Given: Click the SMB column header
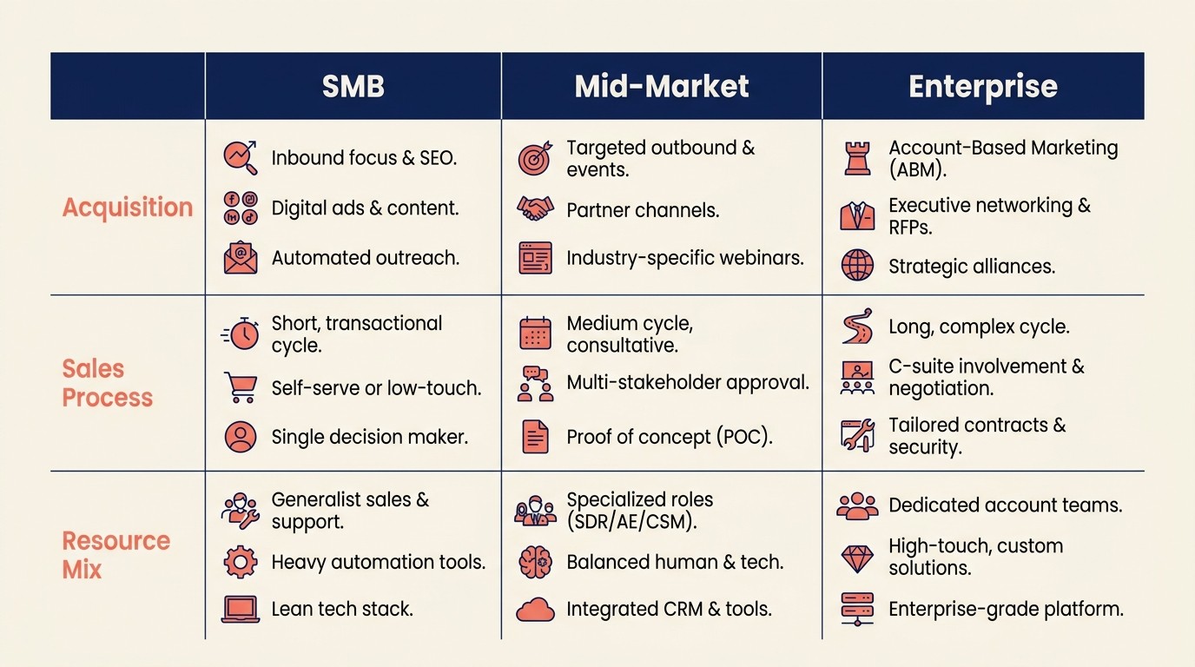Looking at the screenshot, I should [x=353, y=86].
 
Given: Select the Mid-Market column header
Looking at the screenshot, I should [x=662, y=86].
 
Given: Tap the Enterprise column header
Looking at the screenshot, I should [x=982, y=86].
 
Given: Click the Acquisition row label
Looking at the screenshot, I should [x=128, y=208].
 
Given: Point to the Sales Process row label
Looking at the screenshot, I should [x=107, y=383].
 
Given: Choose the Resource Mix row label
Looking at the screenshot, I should [x=116, y=555].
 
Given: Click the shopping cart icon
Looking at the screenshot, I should [x=241, y=387].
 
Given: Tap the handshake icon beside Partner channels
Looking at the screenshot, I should [x=535, y=208].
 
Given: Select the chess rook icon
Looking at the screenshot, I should [x=857, y=159].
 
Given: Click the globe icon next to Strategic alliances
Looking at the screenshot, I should [x=857, y=265].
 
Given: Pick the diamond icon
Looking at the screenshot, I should [x=857, y=558].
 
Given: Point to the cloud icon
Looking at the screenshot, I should [x=535, y=610].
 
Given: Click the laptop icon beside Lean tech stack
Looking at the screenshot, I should [x=241, y=609].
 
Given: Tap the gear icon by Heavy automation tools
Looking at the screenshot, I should [x=241, y=562].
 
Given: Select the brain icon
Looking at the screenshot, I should [x=535, y=562].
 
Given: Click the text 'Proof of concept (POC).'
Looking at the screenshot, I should [x=669, y=437].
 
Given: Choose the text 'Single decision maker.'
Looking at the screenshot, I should [x=369, y=437].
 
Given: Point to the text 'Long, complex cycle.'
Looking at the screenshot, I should [x=979, y=327].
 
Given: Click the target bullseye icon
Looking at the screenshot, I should [x=535, y=159].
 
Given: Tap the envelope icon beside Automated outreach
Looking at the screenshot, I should [x=241, y=258].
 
